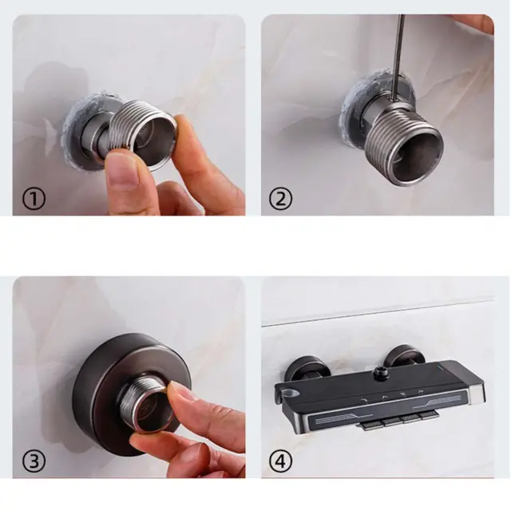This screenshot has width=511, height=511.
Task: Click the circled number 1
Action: [x=34, y=199]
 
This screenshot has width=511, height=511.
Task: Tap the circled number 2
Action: [x=280, y=199]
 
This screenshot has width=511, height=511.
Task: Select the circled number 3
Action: [x=34, y=461]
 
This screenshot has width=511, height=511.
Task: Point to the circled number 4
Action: [x=280, y=461]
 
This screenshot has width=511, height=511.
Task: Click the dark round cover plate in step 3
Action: [x=131, y=394]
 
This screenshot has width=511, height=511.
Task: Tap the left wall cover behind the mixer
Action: [x=304, y=369]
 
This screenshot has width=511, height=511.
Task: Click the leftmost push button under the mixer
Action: [x=372, y=426]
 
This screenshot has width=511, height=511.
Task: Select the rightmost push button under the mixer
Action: [x=428, y=415]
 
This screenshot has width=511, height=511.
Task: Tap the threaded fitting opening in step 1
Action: [x=156, y=139]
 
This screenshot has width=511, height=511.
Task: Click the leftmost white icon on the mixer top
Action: [x=364, y=399]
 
